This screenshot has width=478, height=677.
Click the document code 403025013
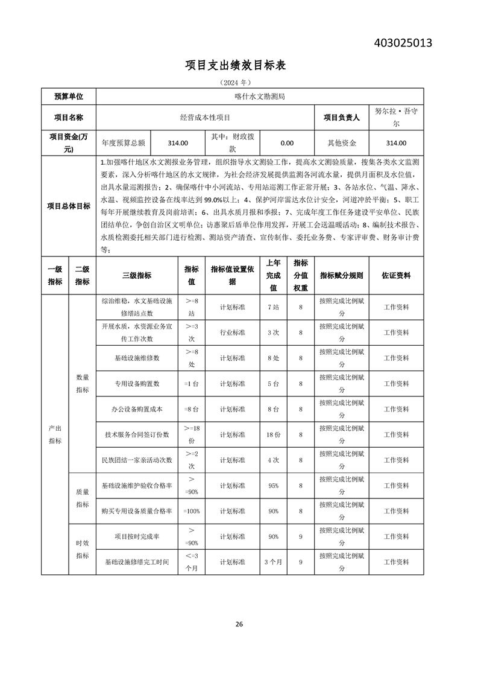pos(403,43)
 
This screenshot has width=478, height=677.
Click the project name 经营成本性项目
pos(205,118)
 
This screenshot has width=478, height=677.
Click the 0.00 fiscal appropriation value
pos(287,143)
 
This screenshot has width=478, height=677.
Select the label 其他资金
pos(342,143)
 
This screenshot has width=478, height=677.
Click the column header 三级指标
pos(137,275)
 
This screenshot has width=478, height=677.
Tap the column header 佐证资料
pos(396,275)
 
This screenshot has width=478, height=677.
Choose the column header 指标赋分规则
pos(341,275)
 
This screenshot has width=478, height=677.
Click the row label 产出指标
pos(55,434)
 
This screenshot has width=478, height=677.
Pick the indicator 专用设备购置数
pos(137,383)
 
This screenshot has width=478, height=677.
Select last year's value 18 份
pos(273,434)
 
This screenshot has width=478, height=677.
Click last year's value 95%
pos(273,485)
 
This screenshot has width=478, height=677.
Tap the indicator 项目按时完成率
pos(137,536)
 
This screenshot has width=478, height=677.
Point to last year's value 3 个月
pos(273,562)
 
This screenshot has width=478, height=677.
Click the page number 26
pos(239,624)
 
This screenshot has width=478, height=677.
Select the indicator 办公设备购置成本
pos(137,409)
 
